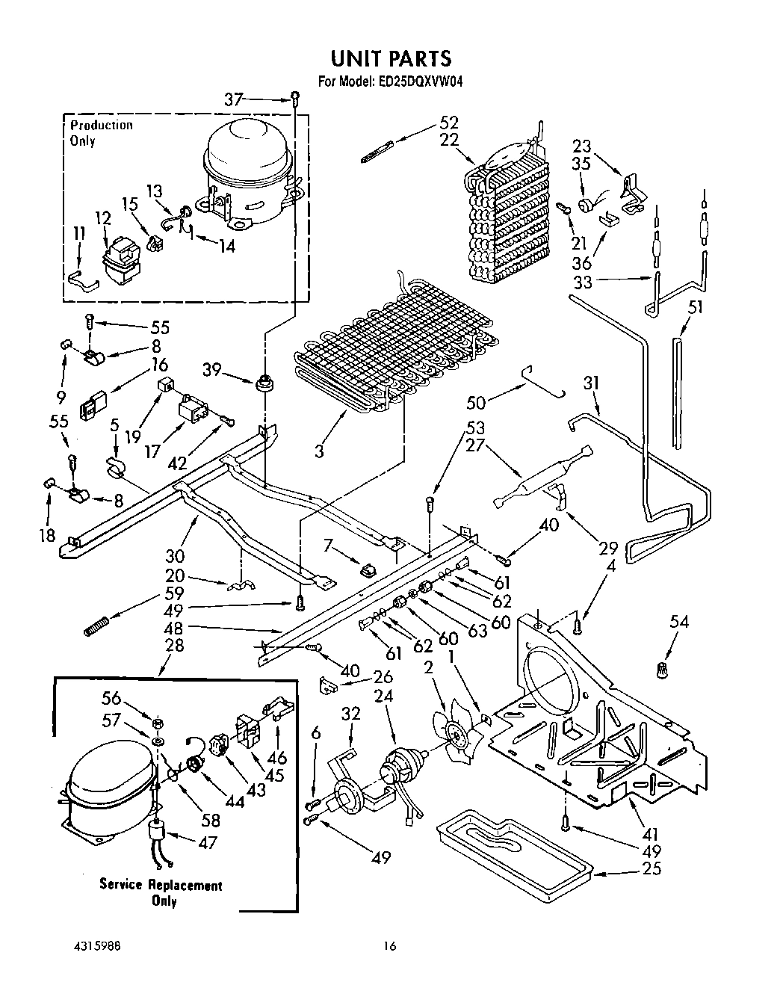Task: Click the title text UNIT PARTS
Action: click(391, 58)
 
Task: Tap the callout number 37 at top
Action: click(233, 99)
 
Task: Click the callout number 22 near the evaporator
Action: click(449, 141)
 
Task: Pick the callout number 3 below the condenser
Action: click(319, 451)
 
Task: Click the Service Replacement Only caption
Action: click(161, 892)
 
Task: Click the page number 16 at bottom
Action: click(389, 945)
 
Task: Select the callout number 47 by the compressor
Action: click(207, 842)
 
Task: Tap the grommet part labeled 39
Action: click(264, 385)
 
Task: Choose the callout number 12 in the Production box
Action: click(103, 218)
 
